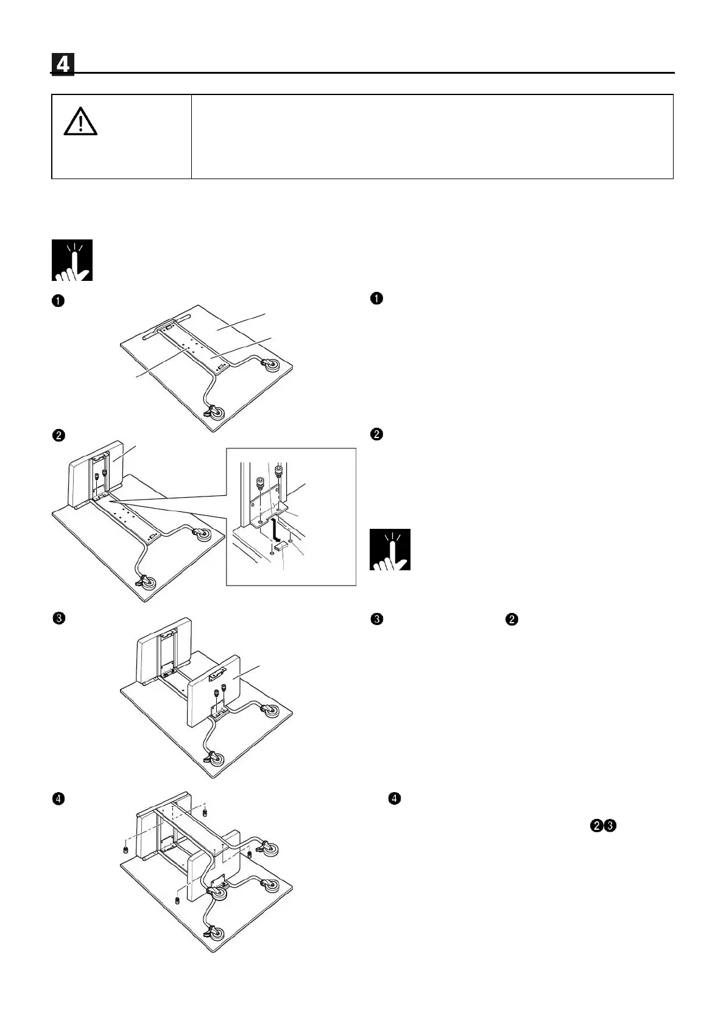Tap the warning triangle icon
80,122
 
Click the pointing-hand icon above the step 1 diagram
72,260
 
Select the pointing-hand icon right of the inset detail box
390,550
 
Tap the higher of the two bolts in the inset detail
280,471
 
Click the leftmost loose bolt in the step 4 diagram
125,849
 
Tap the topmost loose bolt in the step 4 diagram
205,811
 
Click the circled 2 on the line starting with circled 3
512,620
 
